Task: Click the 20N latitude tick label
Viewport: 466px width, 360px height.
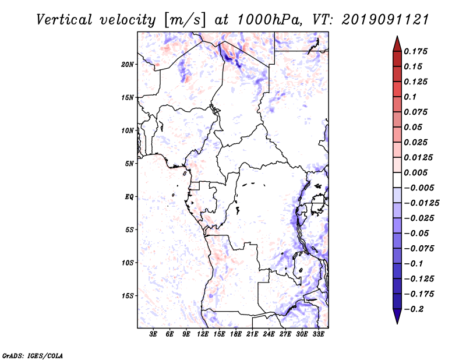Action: pos(128,64)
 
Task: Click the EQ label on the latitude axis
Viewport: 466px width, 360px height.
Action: pos(130,197)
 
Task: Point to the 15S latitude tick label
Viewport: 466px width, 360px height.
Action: pos(128,296)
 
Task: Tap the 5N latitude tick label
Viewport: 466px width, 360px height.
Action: pos(129,164)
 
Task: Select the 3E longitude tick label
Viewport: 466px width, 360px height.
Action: pos(154,334)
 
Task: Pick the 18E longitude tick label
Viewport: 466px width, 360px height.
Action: pos(236,334)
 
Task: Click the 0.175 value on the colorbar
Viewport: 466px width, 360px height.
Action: pos(416,51)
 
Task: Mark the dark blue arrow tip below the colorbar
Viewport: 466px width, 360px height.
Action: pos(397,319)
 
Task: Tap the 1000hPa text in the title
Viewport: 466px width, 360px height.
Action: pos(270,19)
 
